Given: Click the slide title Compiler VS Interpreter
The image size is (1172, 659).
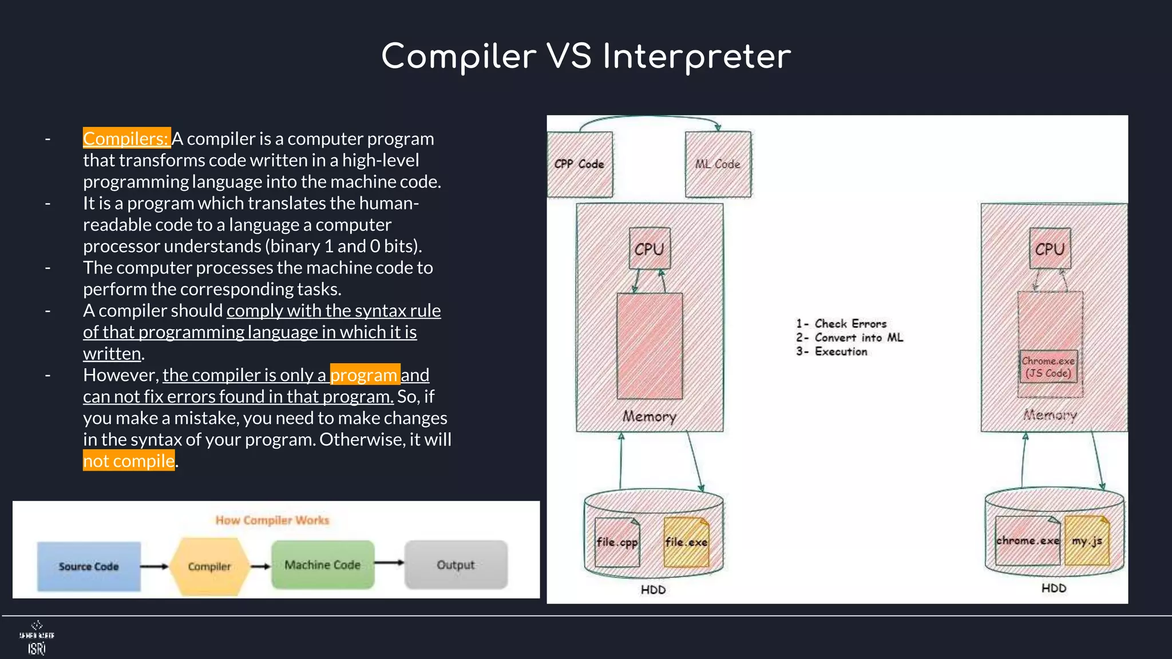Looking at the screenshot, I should tap(586, 57).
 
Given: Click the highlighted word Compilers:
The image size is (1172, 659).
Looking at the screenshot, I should tap(126, 138).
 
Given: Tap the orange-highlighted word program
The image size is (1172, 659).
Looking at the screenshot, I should tap(365, 375).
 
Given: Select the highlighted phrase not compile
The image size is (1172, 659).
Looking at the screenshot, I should tap(129, 460).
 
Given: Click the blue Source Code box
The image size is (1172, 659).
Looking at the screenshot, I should tap(89, 566).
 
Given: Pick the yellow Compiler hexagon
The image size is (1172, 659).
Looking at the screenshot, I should tap(209, 566).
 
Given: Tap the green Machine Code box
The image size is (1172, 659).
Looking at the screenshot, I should tap(323, 565).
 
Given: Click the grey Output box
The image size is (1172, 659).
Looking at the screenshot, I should tap(456, 565).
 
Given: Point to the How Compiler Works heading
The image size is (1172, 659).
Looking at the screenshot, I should tap(272, 520).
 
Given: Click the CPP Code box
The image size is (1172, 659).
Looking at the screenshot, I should tap(579, 164).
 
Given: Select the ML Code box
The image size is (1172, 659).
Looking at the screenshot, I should tap(718, 164).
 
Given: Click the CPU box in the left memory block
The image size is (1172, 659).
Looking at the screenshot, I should tap(649, 249).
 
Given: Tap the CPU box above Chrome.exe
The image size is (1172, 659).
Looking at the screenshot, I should tap(1050, 249).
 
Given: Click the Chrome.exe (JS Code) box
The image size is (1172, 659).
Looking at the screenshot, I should tap(1048, 367).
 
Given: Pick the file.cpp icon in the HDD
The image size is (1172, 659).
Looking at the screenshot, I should tap(616, 542).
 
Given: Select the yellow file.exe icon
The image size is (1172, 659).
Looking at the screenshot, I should tap(686, 542).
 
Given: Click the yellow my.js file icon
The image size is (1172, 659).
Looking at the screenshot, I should tap(1087, 541).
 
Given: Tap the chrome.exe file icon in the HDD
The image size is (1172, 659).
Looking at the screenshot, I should tap(1027, 541).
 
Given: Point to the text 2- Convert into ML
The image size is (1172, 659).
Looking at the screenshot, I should tap(849, 338).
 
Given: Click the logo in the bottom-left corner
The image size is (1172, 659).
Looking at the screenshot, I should tap(37, 638).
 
